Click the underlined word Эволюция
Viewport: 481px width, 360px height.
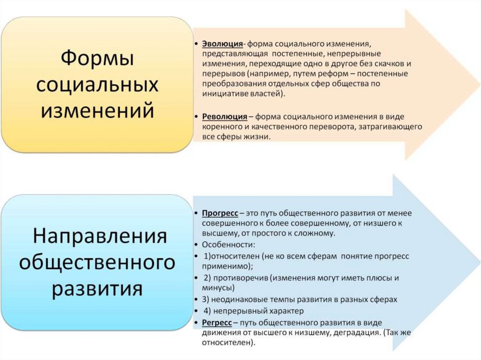[222, 44]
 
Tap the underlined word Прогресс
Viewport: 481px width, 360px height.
[220, 213]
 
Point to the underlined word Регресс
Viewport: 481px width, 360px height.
[217, 322]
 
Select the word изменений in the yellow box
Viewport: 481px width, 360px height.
[97, 112]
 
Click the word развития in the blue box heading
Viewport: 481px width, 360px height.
[97, 288]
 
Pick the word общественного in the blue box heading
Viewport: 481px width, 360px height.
[97, 262]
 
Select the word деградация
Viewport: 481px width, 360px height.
[351, 333]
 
